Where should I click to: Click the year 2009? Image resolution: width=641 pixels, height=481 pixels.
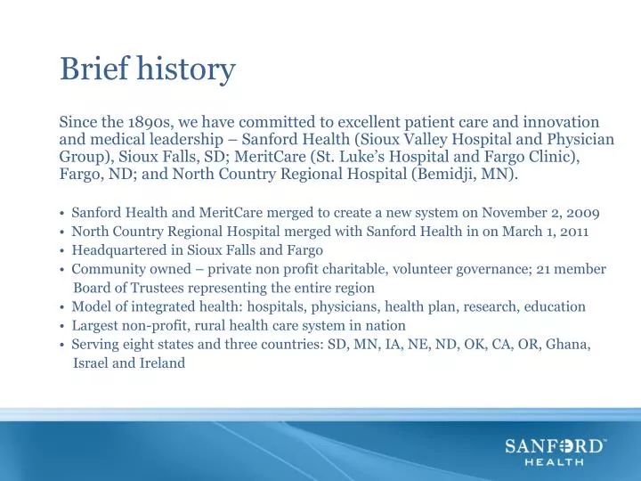583,213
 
